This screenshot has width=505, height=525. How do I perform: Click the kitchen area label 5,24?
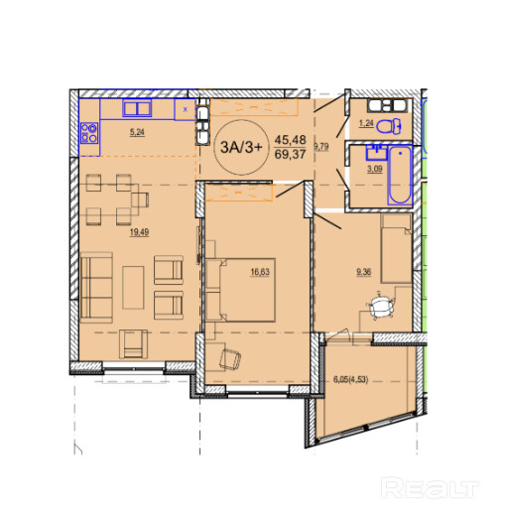pyautogui.click(x=137, y=132)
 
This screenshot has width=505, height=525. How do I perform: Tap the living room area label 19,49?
pyautogui.click(x=139, y=232)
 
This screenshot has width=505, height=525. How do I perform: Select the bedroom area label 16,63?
pyautogui.click(x=260, y=272)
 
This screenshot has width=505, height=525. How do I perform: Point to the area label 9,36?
pyautogui.click(x=364, y=272)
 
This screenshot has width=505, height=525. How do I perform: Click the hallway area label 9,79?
pyautogui.click(x=321, y=146)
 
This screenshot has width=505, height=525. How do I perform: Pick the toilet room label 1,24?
pyautogui.click(x=366, y=123)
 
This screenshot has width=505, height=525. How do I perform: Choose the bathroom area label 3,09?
pyautogui.click(x=374, y=169)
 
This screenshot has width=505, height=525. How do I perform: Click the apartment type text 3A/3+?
pyautogui.click(x=242, y=147)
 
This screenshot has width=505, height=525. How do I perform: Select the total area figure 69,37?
pyautogui.click(x=290, y=155)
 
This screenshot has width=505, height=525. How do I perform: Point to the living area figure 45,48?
pyautogui.click(x=290, y=139)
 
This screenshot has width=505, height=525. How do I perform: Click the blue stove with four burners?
pyautogui.click(x=89, y=133)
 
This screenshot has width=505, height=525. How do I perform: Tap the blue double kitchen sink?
pyautogui.click(x=137, y=108)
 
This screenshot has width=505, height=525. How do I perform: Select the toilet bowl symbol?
pyautogui.click(x=389, y=126)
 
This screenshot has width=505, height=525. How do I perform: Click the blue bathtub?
pyautogui.click(x=400, y=176)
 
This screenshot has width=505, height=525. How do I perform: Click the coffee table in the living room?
pyautogui.click(x=133, y=287)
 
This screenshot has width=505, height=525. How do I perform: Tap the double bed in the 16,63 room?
pyautogui.click(x=247, y=290)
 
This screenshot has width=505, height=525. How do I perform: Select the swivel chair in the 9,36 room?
pyautogui.click(x=380, y=307)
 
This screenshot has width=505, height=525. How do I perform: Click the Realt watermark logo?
pyautogui.click(x=430, y=488)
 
